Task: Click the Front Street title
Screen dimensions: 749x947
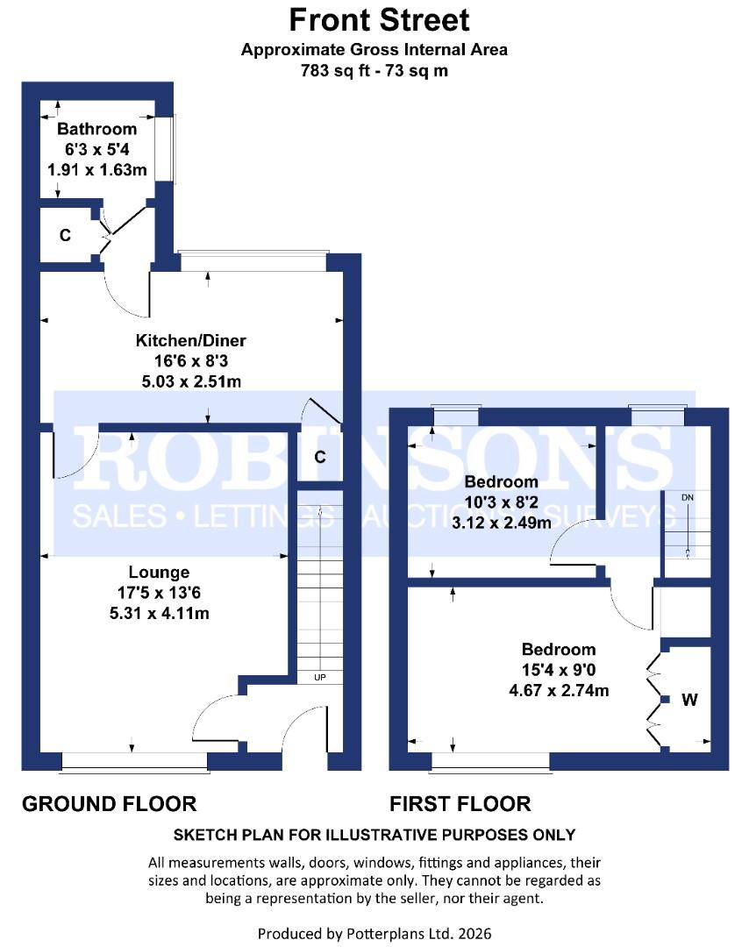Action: pos(379,20)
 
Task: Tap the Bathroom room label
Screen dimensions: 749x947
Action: pos(96,129)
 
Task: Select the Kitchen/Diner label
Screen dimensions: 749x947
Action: pos(191,340)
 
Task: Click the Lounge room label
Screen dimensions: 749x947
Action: pos(159,573)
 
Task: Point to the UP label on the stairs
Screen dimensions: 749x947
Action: pos(320,678)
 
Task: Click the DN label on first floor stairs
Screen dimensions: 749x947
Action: pos(688,498)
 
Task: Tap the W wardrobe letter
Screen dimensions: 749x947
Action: pos(690,700)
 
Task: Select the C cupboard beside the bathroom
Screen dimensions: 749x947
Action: pos(65,235)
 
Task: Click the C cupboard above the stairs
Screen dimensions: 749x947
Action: pos(320,457)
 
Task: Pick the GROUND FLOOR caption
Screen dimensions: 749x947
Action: pos(110,804)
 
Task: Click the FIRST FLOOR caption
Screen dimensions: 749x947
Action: pos(460,804)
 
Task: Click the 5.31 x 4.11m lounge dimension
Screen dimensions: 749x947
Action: pos(160,614)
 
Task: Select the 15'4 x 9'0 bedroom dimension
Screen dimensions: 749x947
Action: pos(559,671)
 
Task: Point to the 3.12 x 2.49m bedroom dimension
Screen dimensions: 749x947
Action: pos(502,523)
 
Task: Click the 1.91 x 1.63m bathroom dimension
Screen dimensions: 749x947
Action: pos(97,170)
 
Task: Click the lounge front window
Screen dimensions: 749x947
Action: pos(135,762)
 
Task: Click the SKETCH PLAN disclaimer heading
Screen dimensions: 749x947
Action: pos(374,836)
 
